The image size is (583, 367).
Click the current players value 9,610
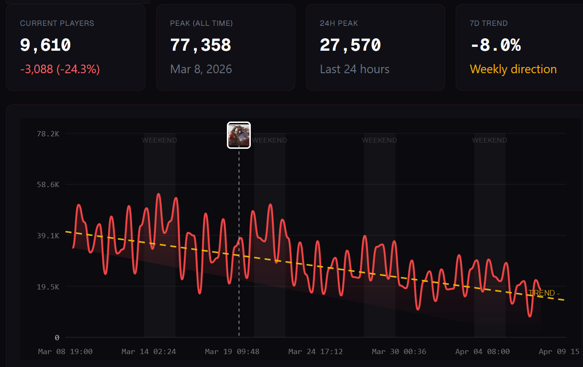(x=45, y=45)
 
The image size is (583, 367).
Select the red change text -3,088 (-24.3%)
(x=60, y=69)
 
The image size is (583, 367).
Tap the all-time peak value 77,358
(x=201, y=45)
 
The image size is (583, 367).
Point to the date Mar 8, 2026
(x=201, y=69)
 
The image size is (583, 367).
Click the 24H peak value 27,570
(x=350, y=45)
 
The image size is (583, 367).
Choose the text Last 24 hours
(x=355, y=69)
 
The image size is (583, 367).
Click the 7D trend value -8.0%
(x=495, y=45)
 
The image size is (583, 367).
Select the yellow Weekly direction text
(x=513, y=69)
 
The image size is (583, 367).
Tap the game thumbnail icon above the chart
(x=239, y=135)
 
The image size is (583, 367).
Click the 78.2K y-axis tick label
(x=48, y=133)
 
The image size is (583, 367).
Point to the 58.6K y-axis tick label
(x=48, y=184)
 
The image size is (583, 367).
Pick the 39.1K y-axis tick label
(x=48, y=235)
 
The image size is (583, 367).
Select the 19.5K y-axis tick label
(x=48, y=287)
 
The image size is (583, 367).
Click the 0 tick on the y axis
(x=57, y=337)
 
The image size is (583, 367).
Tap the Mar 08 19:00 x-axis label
(x=65, y=352)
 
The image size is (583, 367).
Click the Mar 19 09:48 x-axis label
(x=232, y=352)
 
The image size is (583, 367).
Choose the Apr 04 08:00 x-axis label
(x=482, y=352)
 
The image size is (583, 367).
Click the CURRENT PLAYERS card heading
(x=57, y=23)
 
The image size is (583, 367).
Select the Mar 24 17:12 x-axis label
(x=315, y=352)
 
